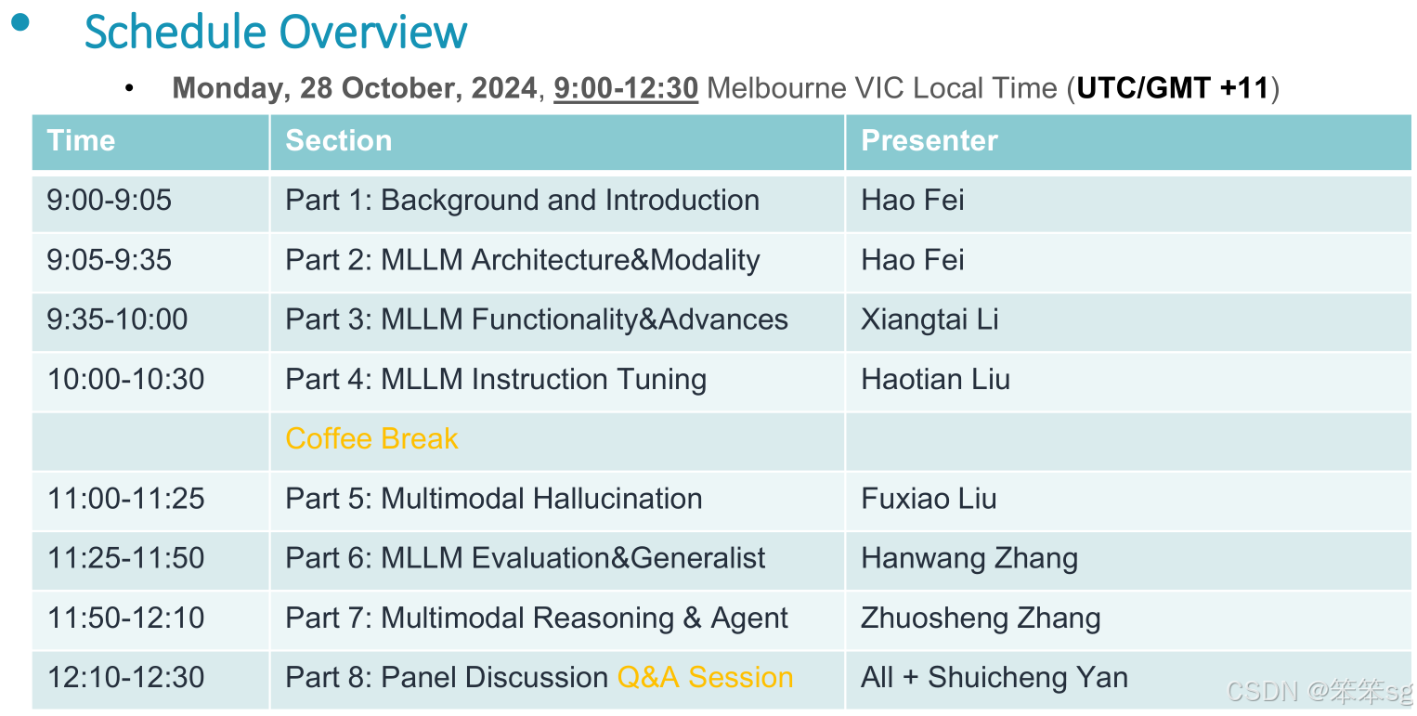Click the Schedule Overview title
pyautogui.click(x=276, y=32)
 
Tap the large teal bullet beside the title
pyautogui.click(x=20, y=22)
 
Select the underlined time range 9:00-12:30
pyautogui.click(x=626, y=88)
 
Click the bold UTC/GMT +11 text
pyautogui.click(x=1173, y=88)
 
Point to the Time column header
pyautogui.click(x=81, y=140)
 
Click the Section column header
pyautogui.click(x=338, y=140)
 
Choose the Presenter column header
pyautogui.click(x=929, y=140)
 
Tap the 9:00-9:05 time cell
pyautogui.click(x=109, y=201)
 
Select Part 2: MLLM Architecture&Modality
pyautogui.click(x=523, y=261)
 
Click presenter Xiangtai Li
pyautogui.click(x=929, y=320)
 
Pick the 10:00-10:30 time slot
pyautogui.click(x=126, y=380)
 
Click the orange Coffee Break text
pyautogui.click(x=371, y=439)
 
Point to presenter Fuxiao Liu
pyautogui.click(x=929, y=499)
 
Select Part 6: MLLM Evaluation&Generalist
pyautogui.click(x=525, y=558)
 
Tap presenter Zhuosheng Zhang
pyautogui.click(x=981, y=618)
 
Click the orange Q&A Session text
pyautogui.click(x=705, y=677)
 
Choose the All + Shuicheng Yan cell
pyautogui.click(x=994, y=678)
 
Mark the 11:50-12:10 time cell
pyautogui.click(x=126, y=618)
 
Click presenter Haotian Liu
pyautogui.click(x=936, y=380)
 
